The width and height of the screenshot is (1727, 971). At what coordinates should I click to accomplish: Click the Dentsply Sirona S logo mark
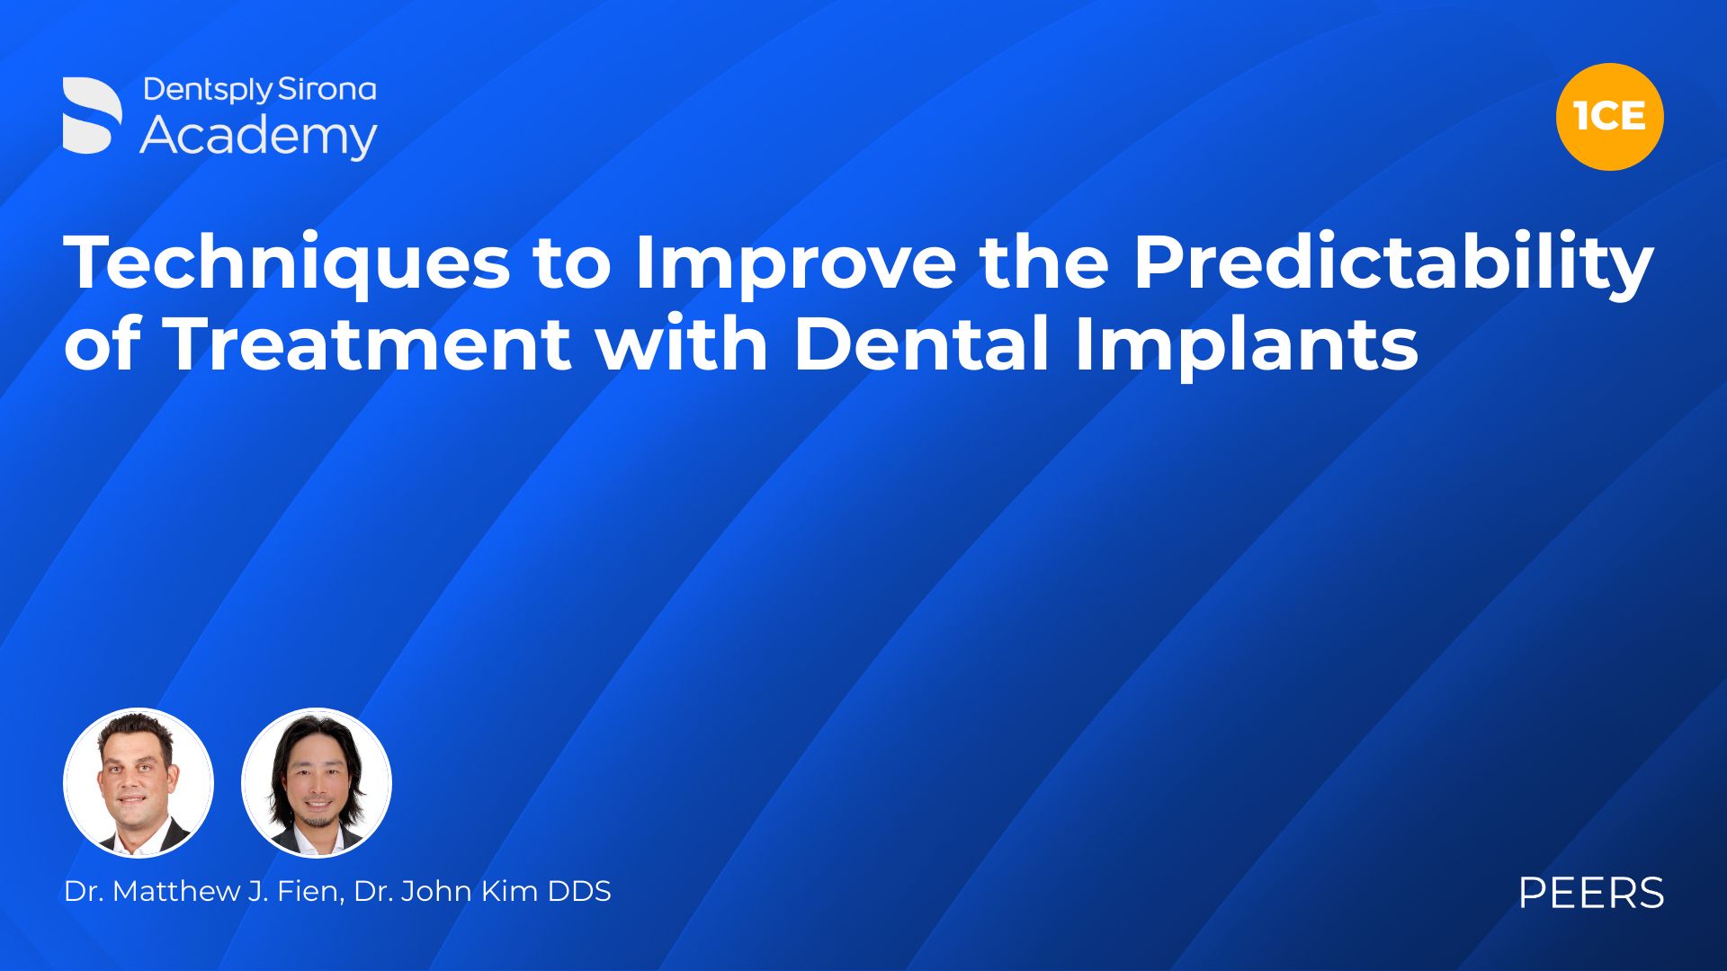point(92,115)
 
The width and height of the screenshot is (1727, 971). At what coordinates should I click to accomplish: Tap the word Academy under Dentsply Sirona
point(258,136)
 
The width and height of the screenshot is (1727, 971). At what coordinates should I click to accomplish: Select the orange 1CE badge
point(1609,117)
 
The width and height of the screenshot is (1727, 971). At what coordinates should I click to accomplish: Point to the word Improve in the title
point(795,264)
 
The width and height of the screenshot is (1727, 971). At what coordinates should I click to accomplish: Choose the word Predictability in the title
point(1393,264)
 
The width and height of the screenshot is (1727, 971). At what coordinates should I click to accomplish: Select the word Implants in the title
point(1247,345)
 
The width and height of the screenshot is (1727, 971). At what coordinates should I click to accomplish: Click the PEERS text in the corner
point(1591,893)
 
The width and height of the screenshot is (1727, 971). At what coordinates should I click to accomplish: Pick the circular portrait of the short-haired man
point(139,782)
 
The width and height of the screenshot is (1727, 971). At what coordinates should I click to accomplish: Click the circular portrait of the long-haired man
point(317,782)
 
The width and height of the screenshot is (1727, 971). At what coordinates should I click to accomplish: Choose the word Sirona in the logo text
point(327,90)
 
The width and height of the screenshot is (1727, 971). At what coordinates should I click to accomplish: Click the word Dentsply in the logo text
point(208,91)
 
